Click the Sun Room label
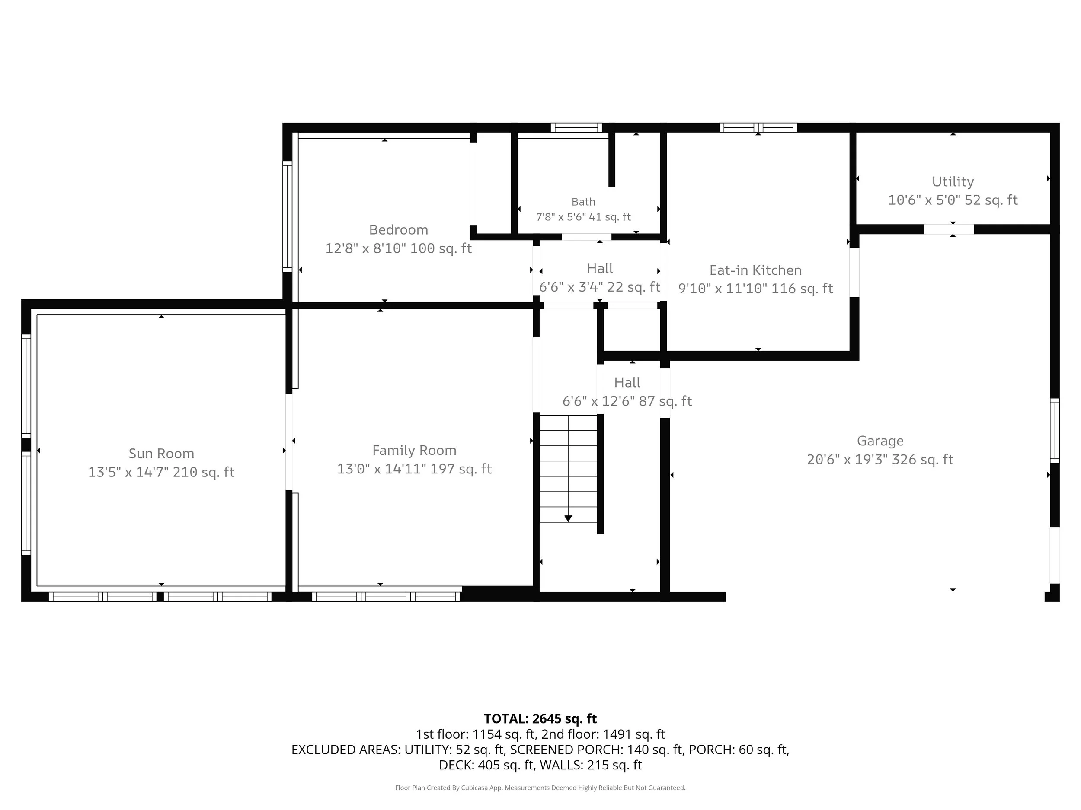tap(161, 454)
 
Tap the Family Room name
tap(414, 450)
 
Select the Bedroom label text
tap(398, 229)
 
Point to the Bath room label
tap(583, 202)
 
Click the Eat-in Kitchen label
tap(755, 270)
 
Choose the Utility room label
tap(953, 181)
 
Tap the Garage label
tap(880, 441)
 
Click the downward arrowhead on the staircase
tap(568, 518)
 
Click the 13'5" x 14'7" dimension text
tap(128, 472)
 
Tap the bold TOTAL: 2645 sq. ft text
tap(540, 718)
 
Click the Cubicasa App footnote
tap(540, 788)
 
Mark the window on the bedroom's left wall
tap(288, 216)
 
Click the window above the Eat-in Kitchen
tap(758, 128)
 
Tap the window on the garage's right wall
tap(1055, 431)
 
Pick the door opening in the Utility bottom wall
tap(949, 229)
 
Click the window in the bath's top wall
tap(576, 128)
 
